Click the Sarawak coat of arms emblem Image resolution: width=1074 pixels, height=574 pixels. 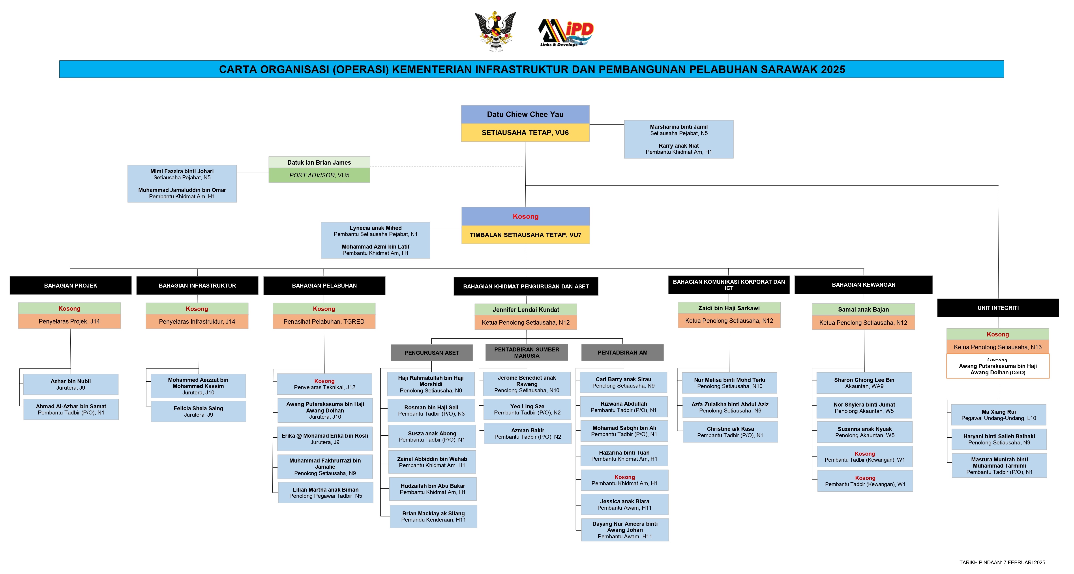tap(495, 31)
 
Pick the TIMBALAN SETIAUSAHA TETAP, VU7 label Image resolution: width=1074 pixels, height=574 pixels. tap(525, 235)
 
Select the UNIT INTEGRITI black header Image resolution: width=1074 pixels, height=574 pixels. tap(998, 308)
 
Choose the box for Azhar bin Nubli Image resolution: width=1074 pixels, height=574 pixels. tap(71, 384)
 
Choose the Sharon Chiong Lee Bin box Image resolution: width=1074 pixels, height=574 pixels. tap(864, 383)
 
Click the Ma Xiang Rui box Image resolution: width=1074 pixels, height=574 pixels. tap(999, 415)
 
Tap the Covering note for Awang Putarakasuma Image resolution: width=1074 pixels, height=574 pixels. tap(998, 366)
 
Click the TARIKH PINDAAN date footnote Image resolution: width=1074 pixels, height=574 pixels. tap(1002, 562)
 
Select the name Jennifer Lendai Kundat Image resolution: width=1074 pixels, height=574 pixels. tap(526, 310)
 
